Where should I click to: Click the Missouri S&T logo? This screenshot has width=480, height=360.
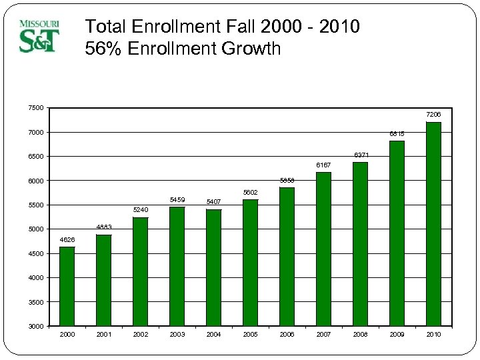pyautogui.click(x=39, y=36)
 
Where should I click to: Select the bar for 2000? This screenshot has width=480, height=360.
pyautogui.click(x=67, y=287)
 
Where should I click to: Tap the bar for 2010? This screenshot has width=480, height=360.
pyautogui.click(x=433, y=224)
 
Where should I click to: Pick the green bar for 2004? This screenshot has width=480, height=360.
pyautogui.click(x=214, y=267)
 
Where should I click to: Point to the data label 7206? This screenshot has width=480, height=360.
pyautogui.click(x=433, y=115)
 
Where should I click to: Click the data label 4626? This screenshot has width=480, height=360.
pyautogui.click(x=67, y=239)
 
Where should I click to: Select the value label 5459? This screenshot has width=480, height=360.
pyautogui.click(x=177, y=199)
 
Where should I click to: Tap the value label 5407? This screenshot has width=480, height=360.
pyautogui.click(x=214, y=201)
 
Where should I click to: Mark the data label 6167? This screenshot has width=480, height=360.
pyautogui.click(x=323, y=165)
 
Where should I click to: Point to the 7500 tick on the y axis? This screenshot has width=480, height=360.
pyautogui.click(x=36, y=108)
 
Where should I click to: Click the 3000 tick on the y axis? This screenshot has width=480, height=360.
pyautogui.click(x=36, y=327)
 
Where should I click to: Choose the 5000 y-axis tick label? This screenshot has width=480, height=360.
pyautogui.click(x=36, y=229)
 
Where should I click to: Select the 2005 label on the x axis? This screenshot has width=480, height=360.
pyautogui.click(x=251, y=335)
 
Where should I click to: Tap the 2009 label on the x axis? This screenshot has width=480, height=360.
pyautogui.click(x=397, y=335)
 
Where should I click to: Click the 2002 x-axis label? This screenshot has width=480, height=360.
pyautogui.click(x=141, y=335)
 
